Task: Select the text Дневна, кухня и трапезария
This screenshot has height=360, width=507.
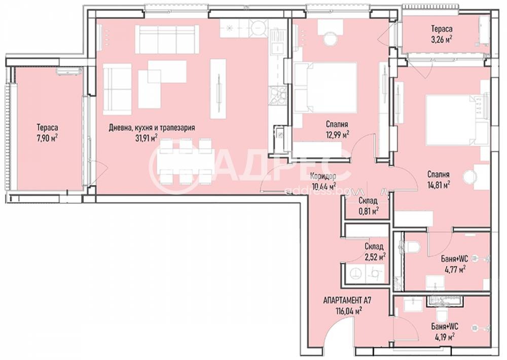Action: click(x=152, y=128)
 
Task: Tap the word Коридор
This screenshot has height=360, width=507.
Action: click(x=322, y=176)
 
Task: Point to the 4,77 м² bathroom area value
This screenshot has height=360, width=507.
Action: click(x=455, y=270)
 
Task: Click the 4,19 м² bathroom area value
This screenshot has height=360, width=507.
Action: click(x=443, y=336)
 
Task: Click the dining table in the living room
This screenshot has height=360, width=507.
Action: click(x=185, y=161)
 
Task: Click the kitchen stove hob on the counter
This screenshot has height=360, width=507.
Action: click(x=277, y=95)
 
